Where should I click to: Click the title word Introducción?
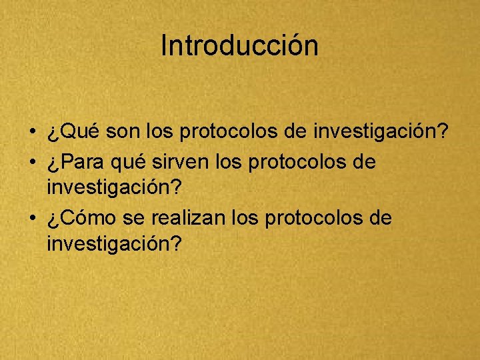click(x=240, y=46)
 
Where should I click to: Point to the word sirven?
click(x=174, y=162)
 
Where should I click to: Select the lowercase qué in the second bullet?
click(x=130, y=162)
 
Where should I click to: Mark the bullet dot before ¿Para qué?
click(x=33, y=162)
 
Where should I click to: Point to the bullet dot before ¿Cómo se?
click(x=33, y=218)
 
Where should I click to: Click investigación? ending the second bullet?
click(x=114, y=189)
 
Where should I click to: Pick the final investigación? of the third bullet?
click(x=114, y=245)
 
